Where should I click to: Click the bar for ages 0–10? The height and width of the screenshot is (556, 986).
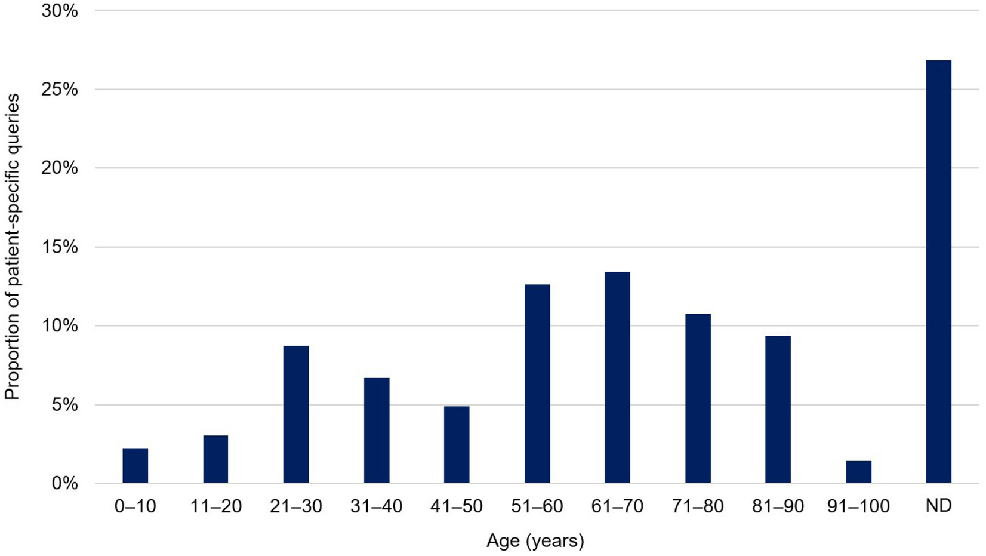(135, 465)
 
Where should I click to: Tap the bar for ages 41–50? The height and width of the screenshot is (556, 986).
(457, 444)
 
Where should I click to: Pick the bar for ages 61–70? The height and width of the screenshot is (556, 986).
(617, 377)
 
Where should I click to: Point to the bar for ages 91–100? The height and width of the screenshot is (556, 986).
(858, 472)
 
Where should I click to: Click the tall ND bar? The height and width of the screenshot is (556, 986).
(938, 271)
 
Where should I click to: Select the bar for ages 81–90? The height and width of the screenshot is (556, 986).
(778, 409)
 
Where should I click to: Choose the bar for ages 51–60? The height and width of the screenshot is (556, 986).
(537, 383)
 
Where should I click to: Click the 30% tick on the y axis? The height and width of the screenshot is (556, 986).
(60, 11)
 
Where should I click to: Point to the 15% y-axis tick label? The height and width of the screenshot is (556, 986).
(60, 247)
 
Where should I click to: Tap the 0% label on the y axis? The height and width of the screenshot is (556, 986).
(64, 483)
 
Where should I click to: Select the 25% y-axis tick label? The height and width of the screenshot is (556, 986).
(60, 90)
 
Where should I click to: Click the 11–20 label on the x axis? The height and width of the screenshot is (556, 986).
(215, 506)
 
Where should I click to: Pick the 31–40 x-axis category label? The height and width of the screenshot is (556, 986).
(376, 506)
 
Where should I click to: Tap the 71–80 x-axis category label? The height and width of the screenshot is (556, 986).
(697, 506)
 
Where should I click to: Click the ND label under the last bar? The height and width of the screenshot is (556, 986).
(938, 506)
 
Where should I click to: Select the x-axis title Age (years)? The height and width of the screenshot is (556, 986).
(535, 540)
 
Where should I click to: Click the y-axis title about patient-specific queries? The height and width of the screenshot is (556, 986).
(12, 246)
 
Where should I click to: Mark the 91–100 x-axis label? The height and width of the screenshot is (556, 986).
(858, 506)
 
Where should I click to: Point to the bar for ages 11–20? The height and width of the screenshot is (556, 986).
(215, 459)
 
